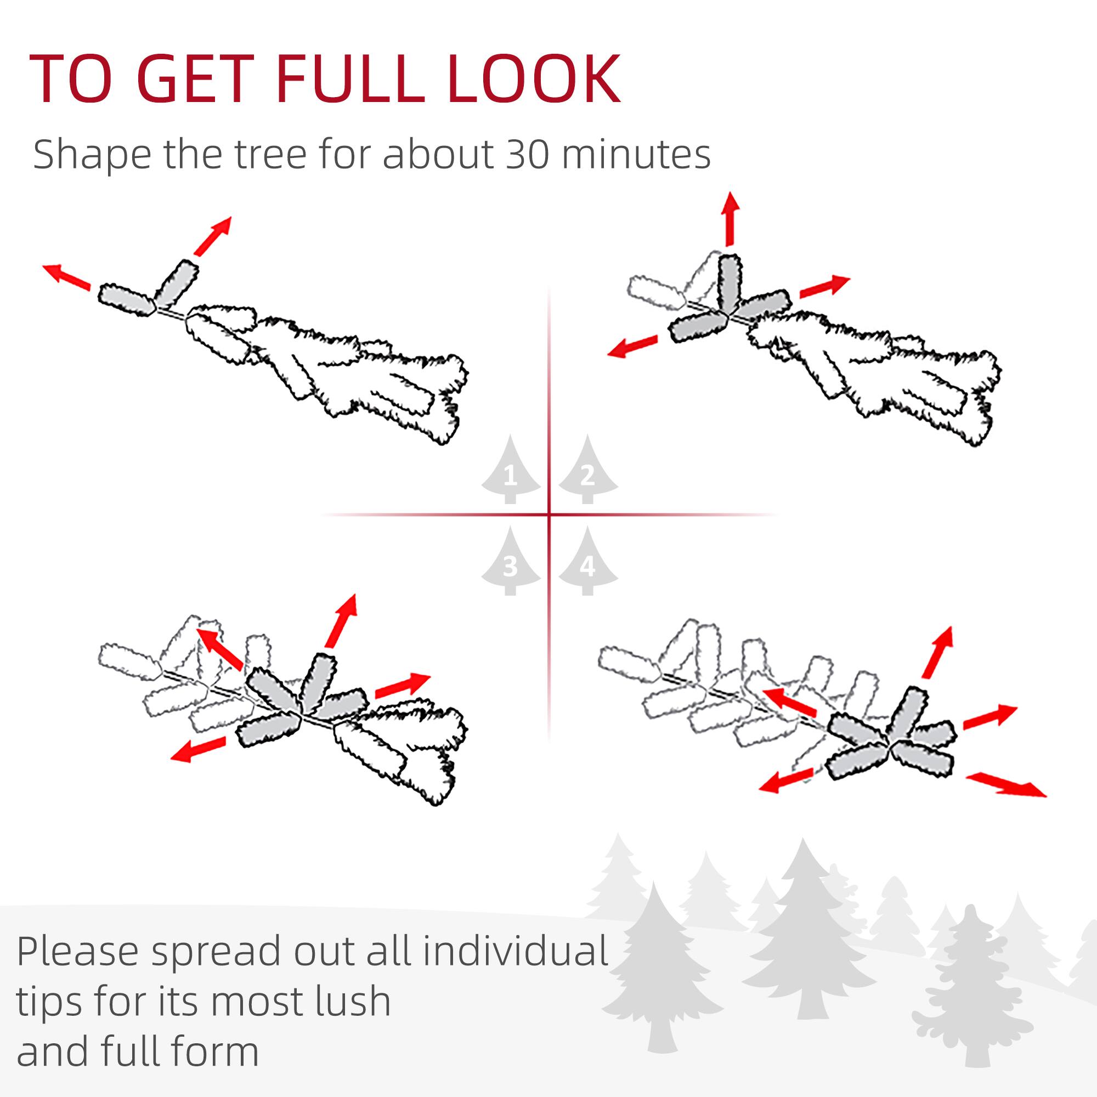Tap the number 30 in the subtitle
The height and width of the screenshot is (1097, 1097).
click(527, 154)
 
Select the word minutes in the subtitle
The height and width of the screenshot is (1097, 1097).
click(636, 154)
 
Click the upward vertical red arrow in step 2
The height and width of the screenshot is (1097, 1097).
click(730, 218)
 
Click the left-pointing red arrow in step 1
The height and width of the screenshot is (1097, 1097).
click(67, 277)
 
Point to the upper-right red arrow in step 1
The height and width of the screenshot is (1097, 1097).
click(213, 235)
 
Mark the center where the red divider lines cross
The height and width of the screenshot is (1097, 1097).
click(549, 515)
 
